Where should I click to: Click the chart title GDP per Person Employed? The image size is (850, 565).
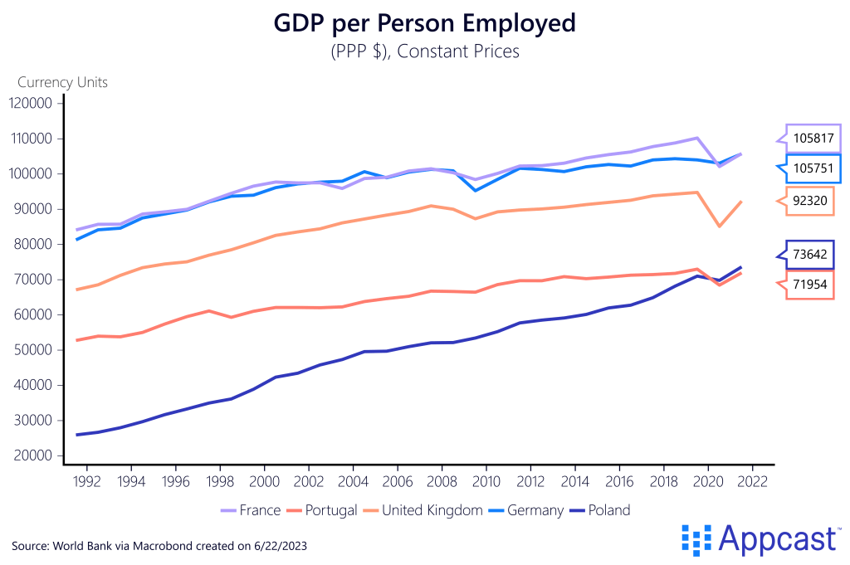(424, 24)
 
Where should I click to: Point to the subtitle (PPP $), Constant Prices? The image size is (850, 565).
(424, 51)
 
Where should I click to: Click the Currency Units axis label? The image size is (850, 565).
(63, 82)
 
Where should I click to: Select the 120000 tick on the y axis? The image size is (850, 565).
(32, 103)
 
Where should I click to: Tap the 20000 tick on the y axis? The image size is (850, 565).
(32, 455)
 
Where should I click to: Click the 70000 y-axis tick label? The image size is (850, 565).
(32, 280)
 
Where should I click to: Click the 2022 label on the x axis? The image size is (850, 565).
(752, 480)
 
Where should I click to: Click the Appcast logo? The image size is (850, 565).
(759, 538)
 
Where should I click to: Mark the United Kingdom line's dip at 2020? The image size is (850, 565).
(719, 226)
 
